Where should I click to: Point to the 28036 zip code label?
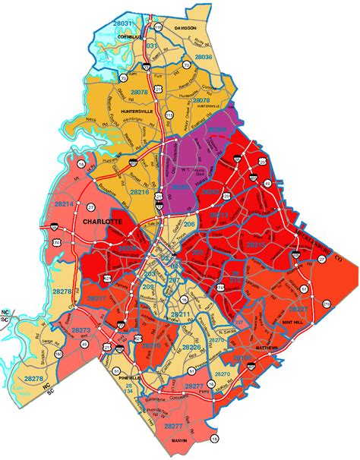tap(203, 57)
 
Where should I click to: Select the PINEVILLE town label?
tap(131, 377)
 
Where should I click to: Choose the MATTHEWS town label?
tap(267, 348)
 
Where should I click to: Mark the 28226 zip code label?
tap(191, 348)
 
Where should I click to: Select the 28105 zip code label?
tap(243, 357)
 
